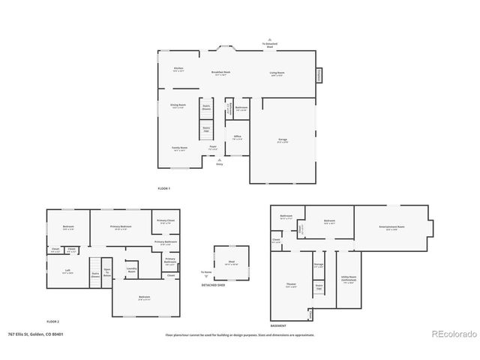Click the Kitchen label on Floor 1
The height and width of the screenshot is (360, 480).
pos(178,69)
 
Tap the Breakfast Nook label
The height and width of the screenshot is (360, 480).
pos(220,73)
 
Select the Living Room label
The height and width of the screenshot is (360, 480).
pos(277,73)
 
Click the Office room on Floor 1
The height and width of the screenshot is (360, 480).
pos(237,137)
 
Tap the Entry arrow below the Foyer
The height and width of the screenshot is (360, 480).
pos(219,160)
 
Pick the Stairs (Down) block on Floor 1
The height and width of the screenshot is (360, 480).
pos(206,107)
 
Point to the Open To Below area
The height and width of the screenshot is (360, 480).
pos(107,272)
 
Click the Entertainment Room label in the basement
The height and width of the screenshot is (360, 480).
pos(394,227)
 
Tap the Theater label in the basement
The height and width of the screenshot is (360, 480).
pos(291,286)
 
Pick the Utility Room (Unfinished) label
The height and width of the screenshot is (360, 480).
pos(347,281)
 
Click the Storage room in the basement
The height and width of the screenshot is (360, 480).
pos(319,265)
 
